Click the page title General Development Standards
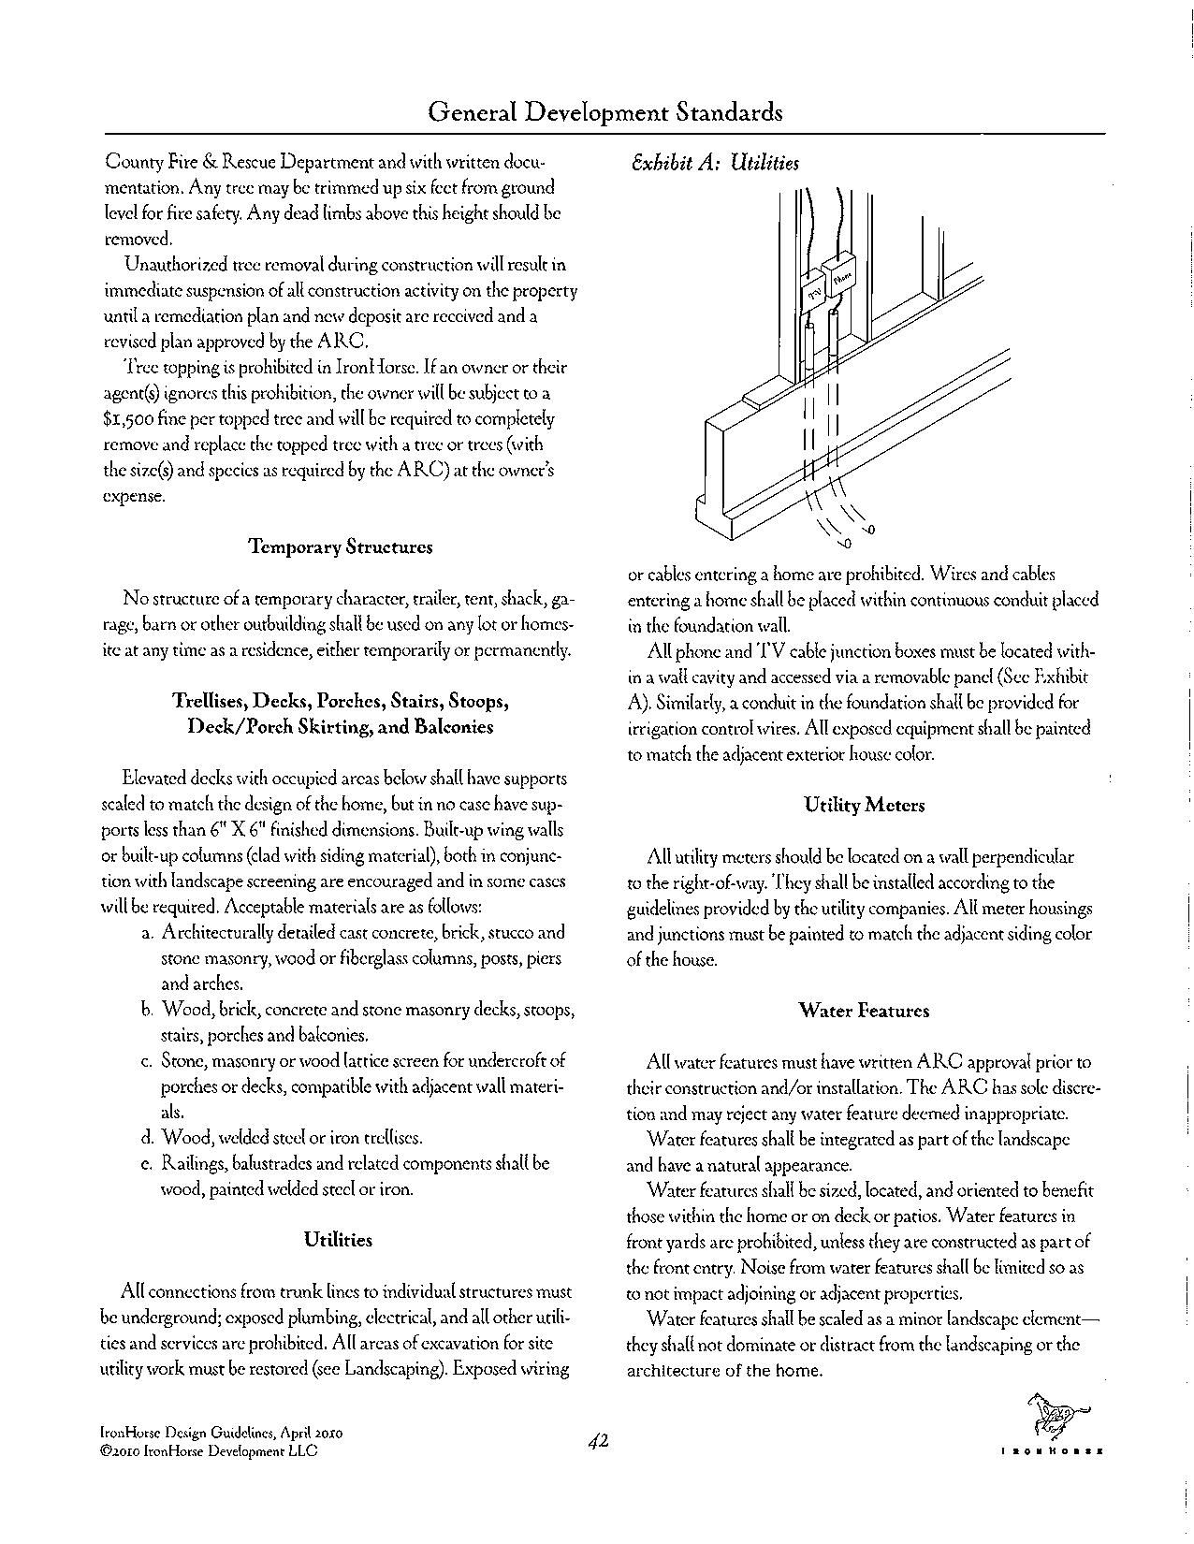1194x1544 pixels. tap(604, 113)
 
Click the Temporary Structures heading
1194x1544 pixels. tap(341, 546)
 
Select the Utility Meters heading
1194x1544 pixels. tap(864, 805)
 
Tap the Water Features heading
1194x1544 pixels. tap(864, 1011)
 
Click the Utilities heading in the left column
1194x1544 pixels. tap(338, 1240)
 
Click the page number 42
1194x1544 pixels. tap(599, 1442)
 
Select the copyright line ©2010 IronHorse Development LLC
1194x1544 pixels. tap(208, 1450)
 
